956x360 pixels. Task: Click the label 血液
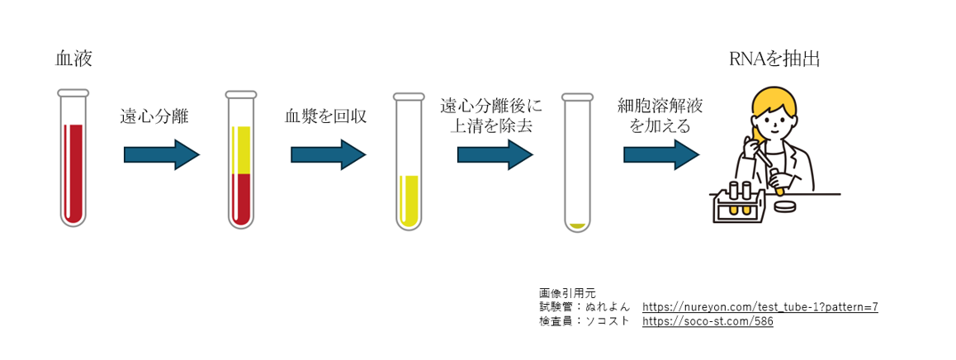(73, 59)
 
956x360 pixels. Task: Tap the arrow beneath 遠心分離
(162, 154)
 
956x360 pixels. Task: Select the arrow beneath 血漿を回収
(328, 154)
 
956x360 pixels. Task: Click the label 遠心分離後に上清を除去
(491, 116)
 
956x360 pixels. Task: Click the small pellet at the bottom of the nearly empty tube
(578, 225)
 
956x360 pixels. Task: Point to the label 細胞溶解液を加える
(660, 116)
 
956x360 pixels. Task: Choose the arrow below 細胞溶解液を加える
(661, 154)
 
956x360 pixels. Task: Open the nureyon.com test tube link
(760, 307)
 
